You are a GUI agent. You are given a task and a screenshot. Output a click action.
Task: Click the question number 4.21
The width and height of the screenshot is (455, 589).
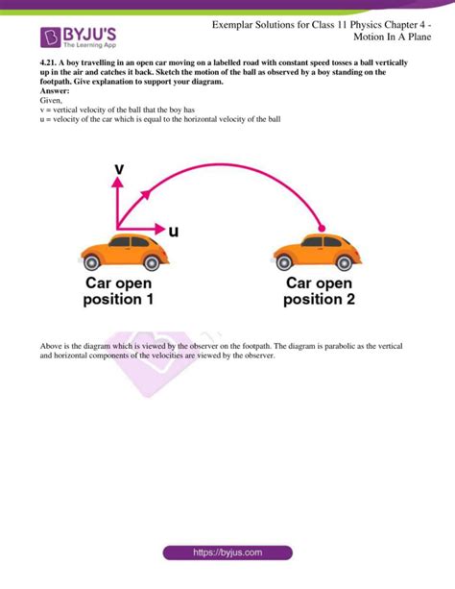click(x=43, y=64)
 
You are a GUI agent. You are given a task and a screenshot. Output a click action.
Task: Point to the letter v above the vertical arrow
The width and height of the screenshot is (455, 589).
click(x=119, y=169)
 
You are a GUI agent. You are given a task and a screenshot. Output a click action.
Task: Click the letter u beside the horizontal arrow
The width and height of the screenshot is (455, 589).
click(x=174, y=232)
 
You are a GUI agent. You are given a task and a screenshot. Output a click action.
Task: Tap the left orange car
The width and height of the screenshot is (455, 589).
click(x=125, y=251)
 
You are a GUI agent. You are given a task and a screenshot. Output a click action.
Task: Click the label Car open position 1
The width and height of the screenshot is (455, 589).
click(x=118, y=291)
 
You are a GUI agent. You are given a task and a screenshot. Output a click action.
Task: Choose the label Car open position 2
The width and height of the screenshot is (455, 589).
click(x=320, y=291)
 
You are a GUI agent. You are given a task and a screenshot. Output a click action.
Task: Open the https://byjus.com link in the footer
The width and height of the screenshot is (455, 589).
click(x=228, y=553)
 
